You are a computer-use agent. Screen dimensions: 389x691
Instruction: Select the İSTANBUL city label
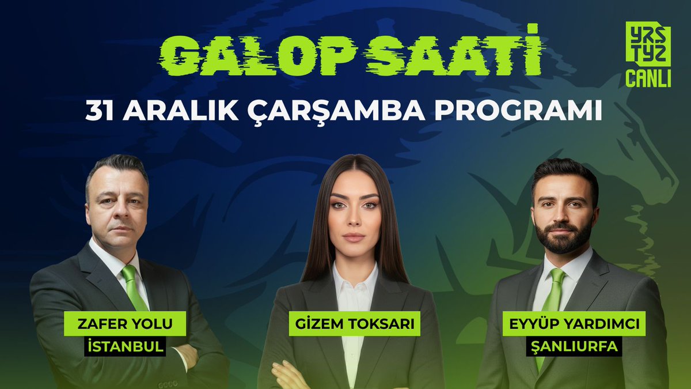[125, 347]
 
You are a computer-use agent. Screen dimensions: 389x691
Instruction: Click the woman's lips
[354, 237]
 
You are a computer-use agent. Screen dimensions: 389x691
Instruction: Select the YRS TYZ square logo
[648, 43]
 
